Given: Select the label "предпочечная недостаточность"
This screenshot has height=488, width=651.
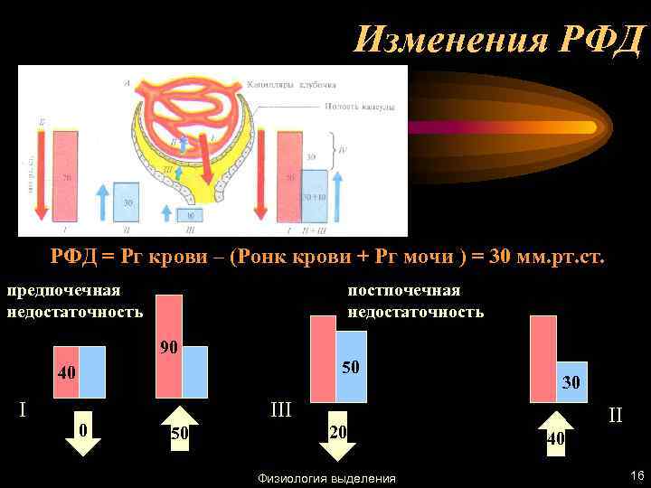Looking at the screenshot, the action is (x=75, y=301).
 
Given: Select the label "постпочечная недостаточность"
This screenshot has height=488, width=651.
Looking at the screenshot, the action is (x=416, y=301).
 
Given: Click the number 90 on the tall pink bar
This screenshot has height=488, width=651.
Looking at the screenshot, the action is (x=168, y=347).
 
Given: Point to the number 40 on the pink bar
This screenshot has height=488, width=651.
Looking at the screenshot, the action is (x=66, y=372).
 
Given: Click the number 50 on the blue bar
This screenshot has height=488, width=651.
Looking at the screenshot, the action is (x=350, y=367).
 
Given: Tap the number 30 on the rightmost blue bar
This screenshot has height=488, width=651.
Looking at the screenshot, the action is (x=571, y=382).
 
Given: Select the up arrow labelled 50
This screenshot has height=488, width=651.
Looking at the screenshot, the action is (x=180, y=432).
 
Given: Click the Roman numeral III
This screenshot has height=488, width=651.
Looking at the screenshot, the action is (x=281, y=410).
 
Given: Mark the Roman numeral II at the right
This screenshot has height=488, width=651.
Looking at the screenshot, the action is (x=616, y=416).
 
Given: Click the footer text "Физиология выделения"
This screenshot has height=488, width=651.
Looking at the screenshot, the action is (x=326, y=478).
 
